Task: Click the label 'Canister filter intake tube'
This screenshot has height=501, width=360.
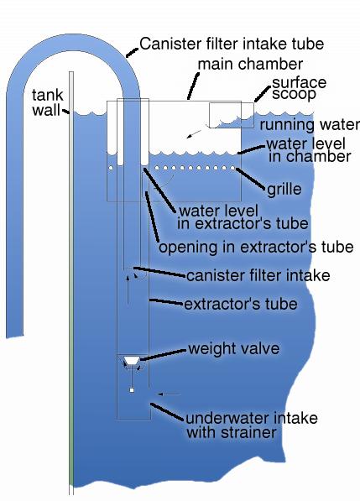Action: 232,44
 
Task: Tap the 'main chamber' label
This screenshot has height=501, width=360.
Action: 250,65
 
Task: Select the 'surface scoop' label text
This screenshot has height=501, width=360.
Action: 299,88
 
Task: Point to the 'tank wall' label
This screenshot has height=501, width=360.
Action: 47,102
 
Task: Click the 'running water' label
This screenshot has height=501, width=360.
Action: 310,124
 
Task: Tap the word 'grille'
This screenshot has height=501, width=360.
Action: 284,189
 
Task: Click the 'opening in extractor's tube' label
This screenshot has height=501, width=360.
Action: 256,247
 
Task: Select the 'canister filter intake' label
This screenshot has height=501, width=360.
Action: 258,275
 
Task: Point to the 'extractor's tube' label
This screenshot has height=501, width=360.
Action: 241,304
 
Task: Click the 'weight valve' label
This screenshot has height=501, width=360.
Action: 234,348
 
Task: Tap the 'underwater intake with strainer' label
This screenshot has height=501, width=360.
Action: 252,425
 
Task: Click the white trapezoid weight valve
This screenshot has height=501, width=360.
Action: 132,361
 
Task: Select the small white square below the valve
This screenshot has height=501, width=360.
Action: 132,390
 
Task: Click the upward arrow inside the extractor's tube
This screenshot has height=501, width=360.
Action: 128,290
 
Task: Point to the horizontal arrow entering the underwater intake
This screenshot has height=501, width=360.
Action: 170,394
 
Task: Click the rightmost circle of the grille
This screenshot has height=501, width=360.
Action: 232,168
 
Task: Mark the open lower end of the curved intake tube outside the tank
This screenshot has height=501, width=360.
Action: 15,336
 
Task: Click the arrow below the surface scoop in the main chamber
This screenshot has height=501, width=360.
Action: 195,134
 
